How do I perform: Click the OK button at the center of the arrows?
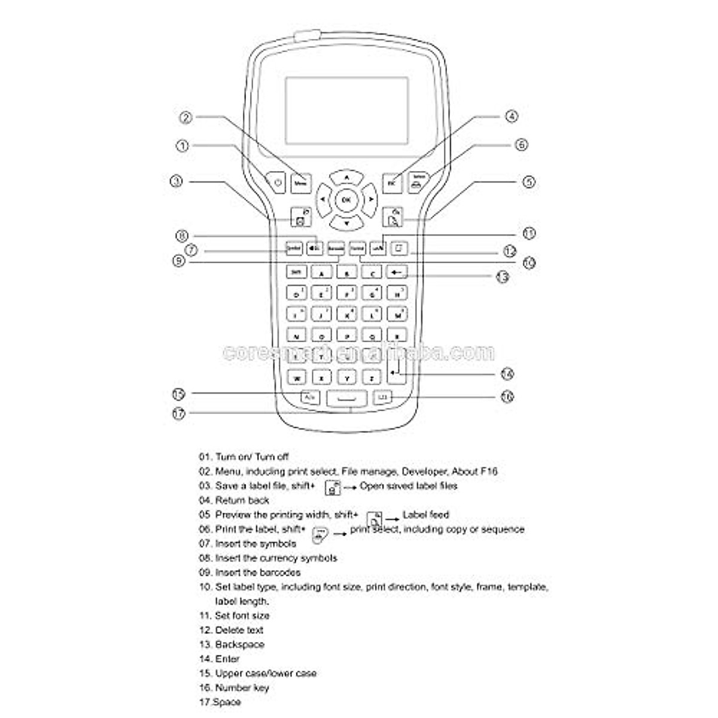(346, 200)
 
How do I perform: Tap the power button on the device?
(277, 182)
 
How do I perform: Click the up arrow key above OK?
(346, 177)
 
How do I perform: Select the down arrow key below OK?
(346, 223)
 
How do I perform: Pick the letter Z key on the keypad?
(372, 378)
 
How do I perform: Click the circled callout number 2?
(186, 117)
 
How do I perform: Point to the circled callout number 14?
(507, 374)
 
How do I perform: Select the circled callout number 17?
(178, 413)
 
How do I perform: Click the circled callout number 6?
(521, 144)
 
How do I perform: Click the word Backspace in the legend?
(239, 644)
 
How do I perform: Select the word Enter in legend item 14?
(227, 659)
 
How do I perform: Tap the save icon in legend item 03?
(333, 487)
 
